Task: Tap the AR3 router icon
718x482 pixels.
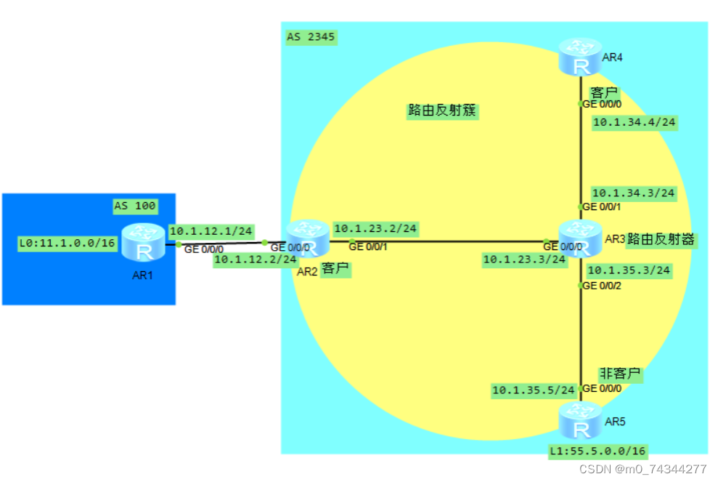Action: [x=580, y=238]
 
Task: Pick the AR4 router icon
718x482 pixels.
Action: [x=580, y=57]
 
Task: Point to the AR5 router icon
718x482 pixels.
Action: [x=580, y=420]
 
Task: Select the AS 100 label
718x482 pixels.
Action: [x=134, y=206]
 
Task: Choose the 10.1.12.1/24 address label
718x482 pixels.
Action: [x=211, y=231]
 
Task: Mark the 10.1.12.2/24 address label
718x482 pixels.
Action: [x=256, y=259]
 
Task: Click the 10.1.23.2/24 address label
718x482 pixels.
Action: [x=375, y=228]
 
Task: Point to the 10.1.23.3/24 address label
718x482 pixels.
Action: [x=524, y=258]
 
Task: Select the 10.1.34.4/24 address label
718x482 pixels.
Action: [x=635, y=122]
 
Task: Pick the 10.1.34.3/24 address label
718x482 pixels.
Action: [x=634, y=193]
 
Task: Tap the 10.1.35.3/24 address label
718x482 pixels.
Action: [x=629, y=270]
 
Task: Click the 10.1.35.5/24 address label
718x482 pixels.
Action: [x=534, y=390]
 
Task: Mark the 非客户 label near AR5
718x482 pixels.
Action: [x=619, y=374]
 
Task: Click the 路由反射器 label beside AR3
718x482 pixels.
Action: [x=661, y=238]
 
